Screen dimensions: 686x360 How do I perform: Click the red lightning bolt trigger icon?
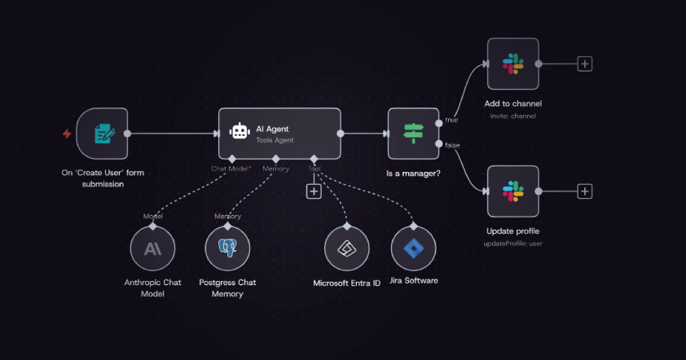pyautogui.click(x=67, y=134)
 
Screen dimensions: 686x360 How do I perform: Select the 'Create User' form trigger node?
pyautogui.click(x=103, y=134)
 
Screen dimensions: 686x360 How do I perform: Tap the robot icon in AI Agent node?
pyautogui.click(x=240, y=131)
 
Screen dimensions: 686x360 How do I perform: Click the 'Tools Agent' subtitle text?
pyautogui.click(x=275, y=140)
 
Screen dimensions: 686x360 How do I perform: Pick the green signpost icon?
pyautogui.click(x=413, y=133)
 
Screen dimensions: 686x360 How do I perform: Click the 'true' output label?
pyautogui.click(x=451, y=120)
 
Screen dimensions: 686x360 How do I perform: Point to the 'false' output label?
pyautogui.click(x=452, y=145)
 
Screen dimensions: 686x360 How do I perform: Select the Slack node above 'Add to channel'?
pyautogui.click(x=513, y=64)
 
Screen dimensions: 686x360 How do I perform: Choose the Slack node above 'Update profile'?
pyautogui.click(x=513, y=191)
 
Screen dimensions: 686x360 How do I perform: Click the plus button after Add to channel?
pyautogui.click(x=585, y=64)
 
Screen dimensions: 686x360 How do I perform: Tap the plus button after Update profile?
pyautogui.click(x=585, y=191)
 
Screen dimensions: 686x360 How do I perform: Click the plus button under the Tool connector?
pyautogui.click(x=314, y=191)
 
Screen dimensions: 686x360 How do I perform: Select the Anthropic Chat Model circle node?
pyautogui.click(x=152, y=248)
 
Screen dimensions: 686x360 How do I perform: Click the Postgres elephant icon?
pyautogui.click(x=227, y=248)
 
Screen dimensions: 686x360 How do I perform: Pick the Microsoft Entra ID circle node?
pyautogui.click(x=347, y=248)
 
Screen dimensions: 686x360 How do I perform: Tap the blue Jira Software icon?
pyautogui.click(x=413, y=248)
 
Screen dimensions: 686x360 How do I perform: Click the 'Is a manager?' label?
pyautogui.click(x=413, y=173)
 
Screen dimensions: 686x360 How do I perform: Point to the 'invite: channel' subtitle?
pyautogui.click(x=513, y=116)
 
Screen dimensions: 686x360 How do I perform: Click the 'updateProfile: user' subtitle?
pyautogui.click(x=512, y=244)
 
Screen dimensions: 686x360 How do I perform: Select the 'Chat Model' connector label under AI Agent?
pyautogui.click(x=230, y=169)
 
